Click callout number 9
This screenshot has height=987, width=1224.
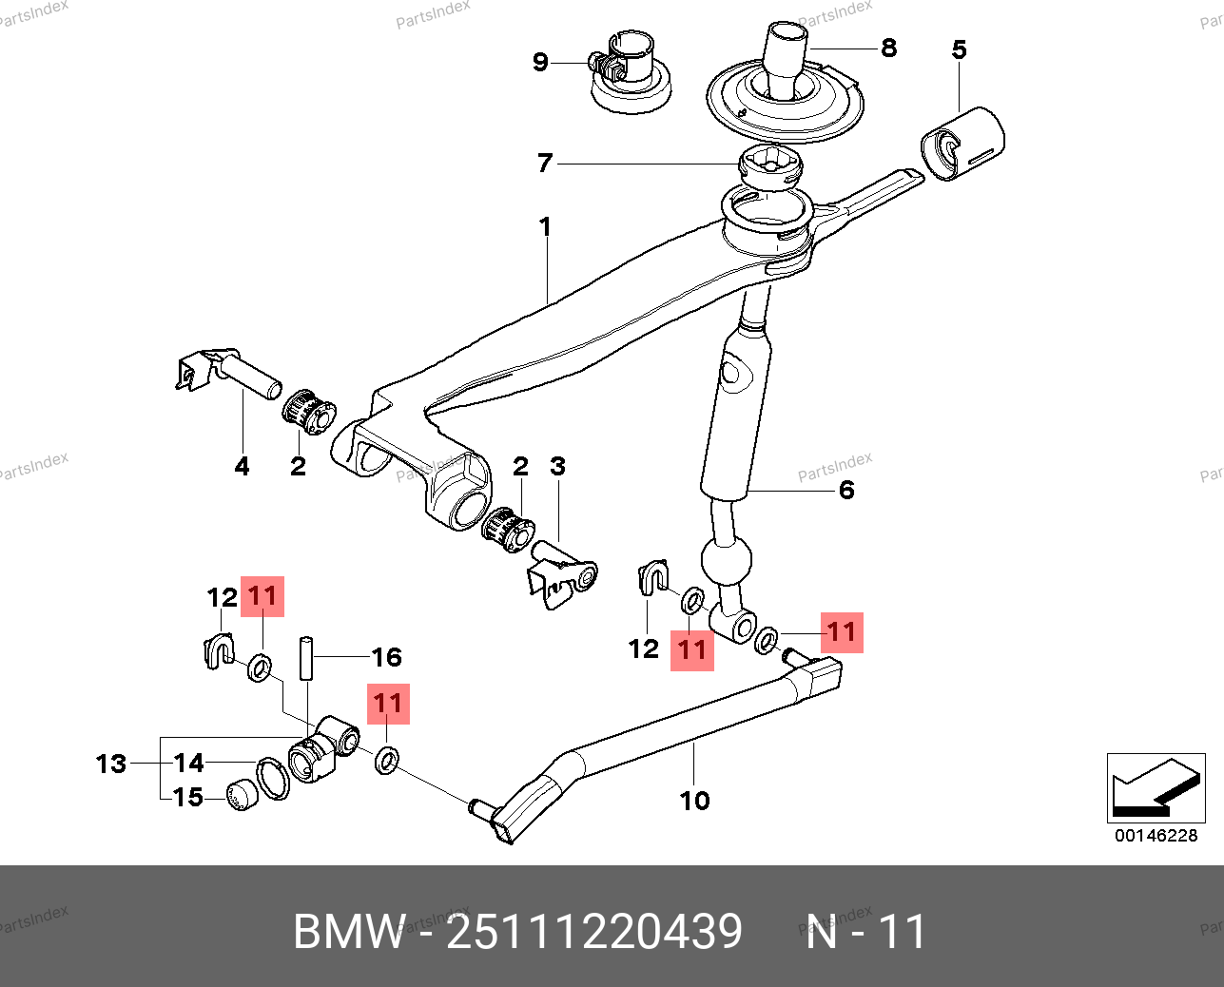pos(540,63)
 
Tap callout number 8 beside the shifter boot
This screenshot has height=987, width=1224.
pos(888,48)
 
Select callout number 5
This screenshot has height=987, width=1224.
pos(959,49)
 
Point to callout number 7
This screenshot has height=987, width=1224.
pos(544,164)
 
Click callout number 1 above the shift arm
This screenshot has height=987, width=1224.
pos(545,227)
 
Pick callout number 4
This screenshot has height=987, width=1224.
pos(242,466)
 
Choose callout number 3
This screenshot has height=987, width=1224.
pos(557,466)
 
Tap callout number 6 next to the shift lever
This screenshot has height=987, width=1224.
pos(846,491)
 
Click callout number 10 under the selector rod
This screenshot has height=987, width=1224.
pos(694,801)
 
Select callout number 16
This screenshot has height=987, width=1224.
pos(386,657)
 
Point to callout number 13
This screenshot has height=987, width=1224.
pos(111,764)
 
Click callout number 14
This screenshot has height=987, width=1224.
pos(188,763)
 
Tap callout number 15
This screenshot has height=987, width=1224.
pos(188,797)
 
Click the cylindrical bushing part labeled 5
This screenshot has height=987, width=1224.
pos(962,143)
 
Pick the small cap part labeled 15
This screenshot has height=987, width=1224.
pos(241,795)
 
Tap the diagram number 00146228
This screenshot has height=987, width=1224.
pos(1156,836)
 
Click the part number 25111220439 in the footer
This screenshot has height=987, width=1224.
pos(594,932)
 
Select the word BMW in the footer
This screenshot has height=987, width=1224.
pos(348,932)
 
